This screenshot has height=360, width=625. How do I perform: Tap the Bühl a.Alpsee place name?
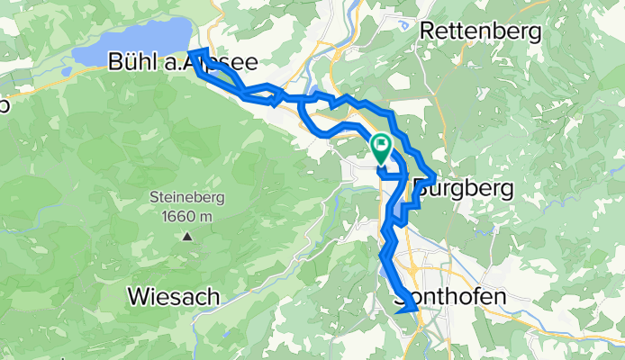[x=182, y=62]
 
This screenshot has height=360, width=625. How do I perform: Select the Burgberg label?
[x=466, y=189]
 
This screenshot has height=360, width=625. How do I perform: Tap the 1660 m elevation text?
[x=188, y=216]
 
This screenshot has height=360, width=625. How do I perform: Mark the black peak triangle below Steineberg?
[x=188, y=238]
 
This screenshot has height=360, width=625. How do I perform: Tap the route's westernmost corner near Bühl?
[x=198, y=53]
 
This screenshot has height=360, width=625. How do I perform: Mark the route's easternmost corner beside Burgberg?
[x=435, y=176]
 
